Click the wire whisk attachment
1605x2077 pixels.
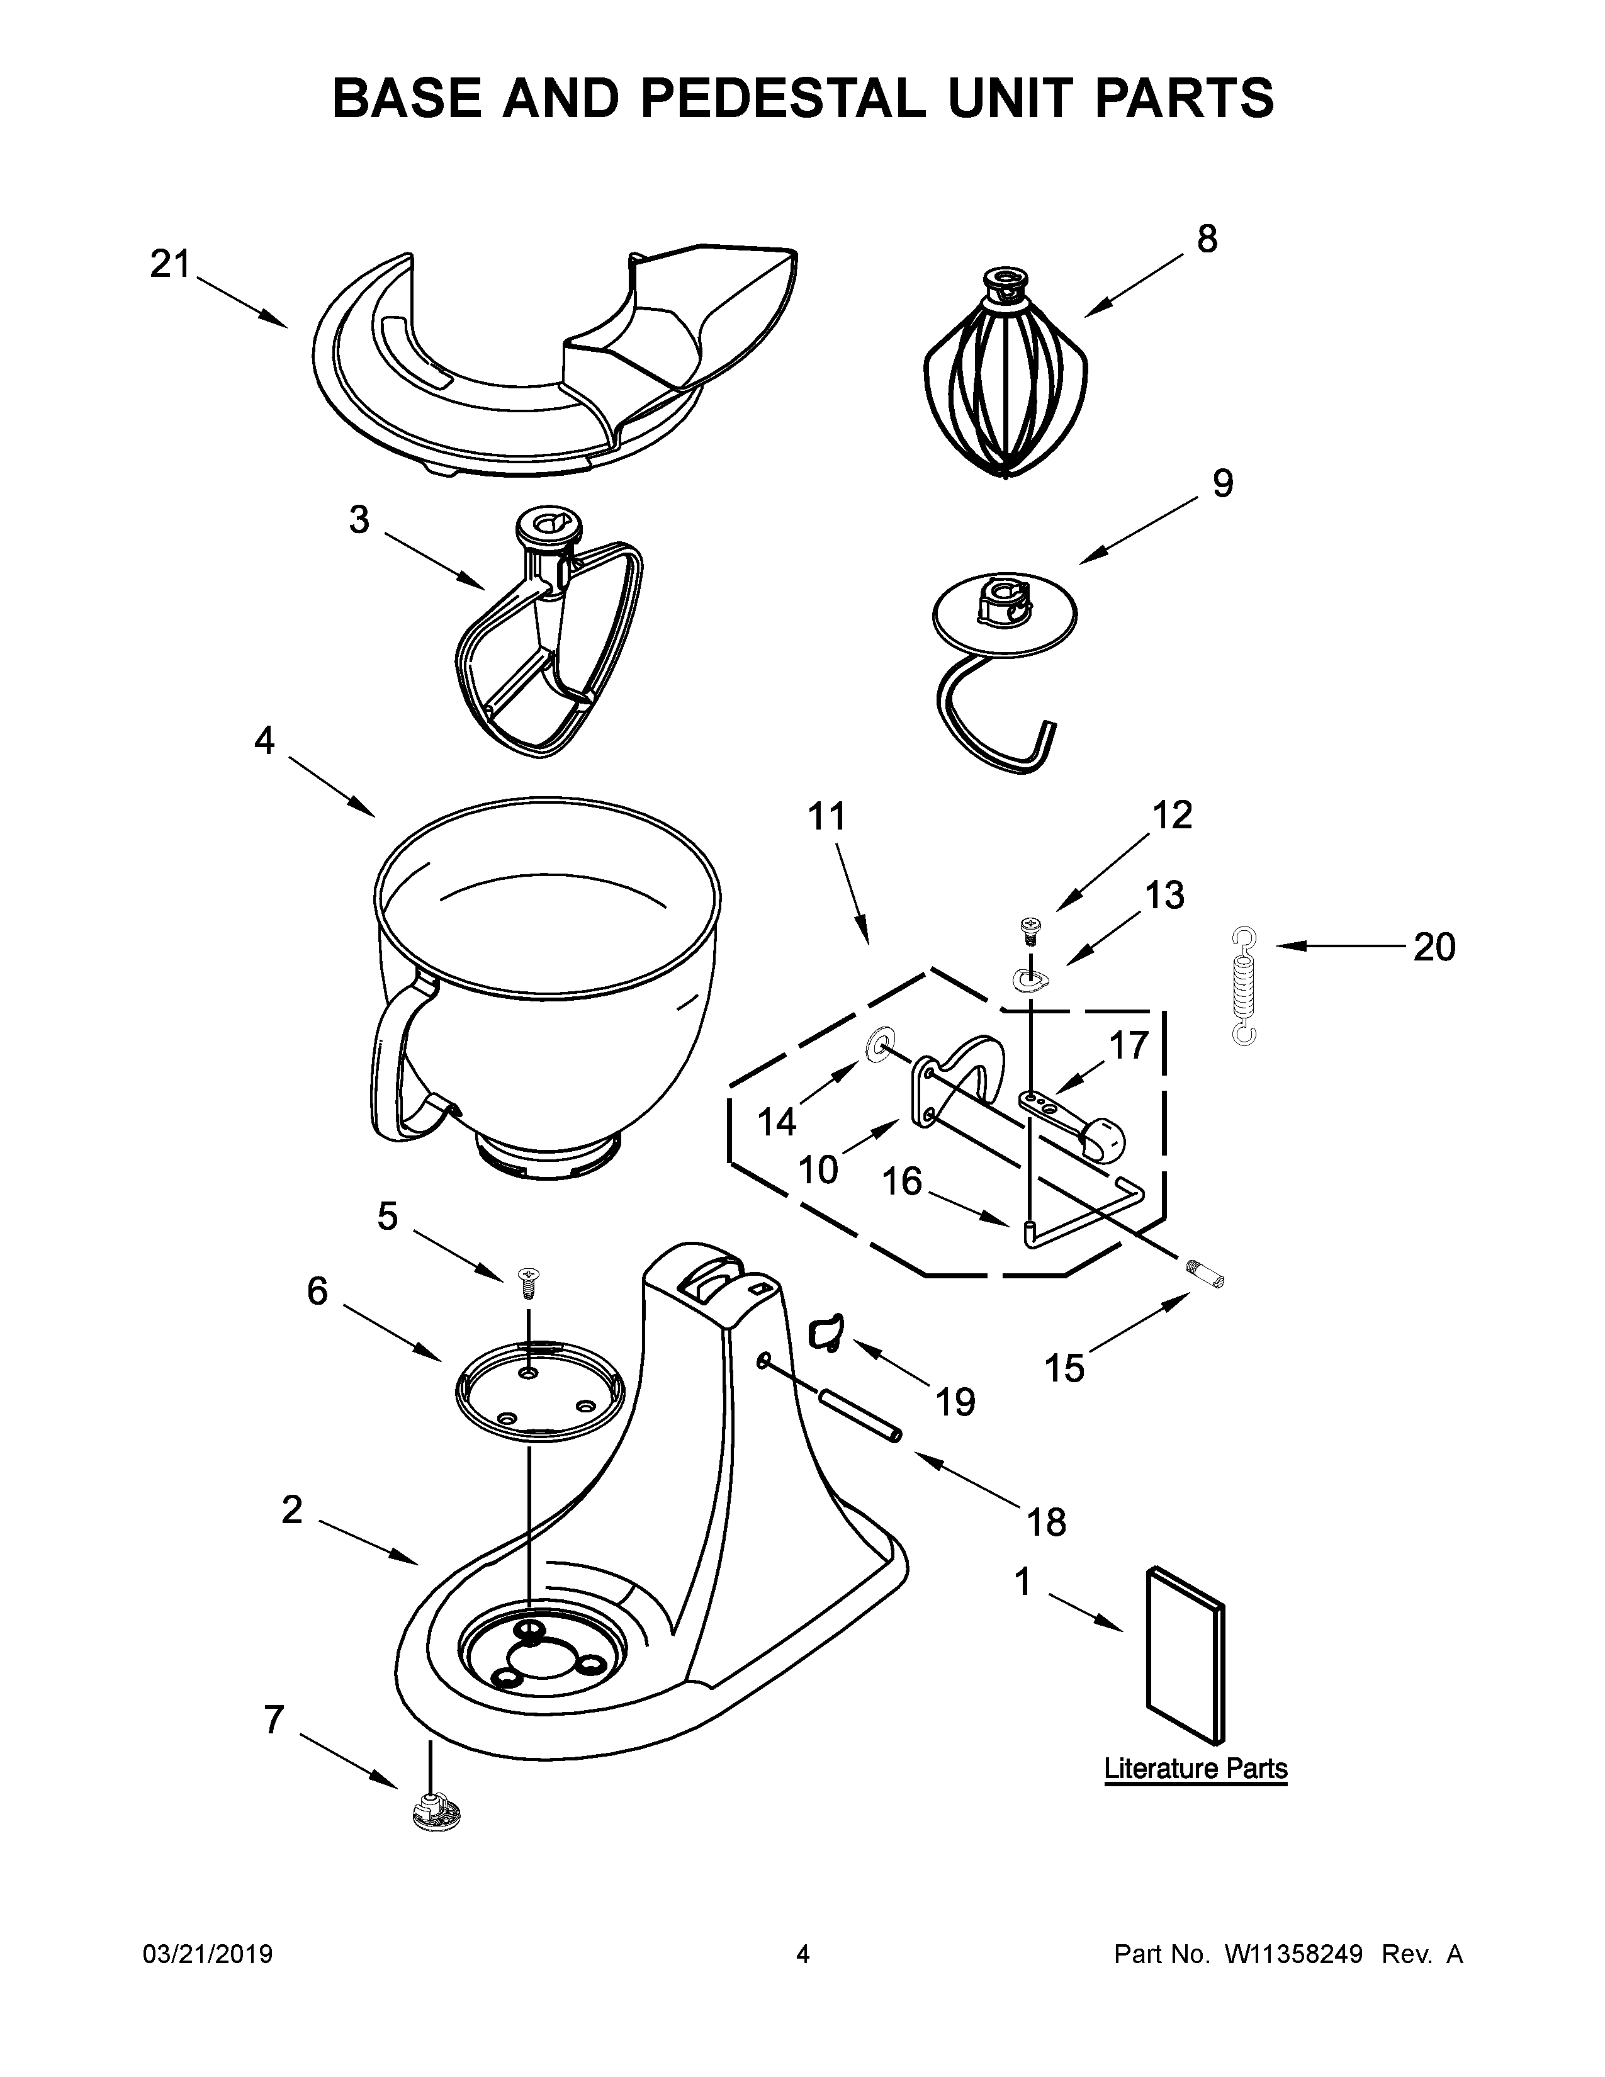pyautogui.click(x=1005, y=380)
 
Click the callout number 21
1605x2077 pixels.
pyautogui.click(x=171, y=264)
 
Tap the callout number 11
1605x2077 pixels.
pyautogui.click(x=826, y=817)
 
